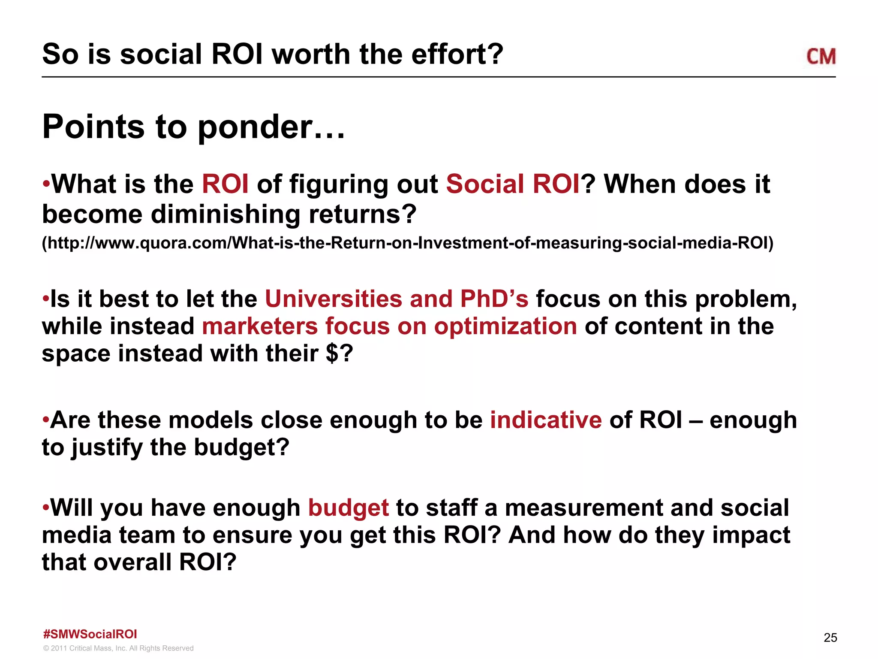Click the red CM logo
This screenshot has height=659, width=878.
click(x=821, y=57)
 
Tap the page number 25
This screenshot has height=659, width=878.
click(x=830, y=638)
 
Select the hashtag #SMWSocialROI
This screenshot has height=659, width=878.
click(x=90, y=634)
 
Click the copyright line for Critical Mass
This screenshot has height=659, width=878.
click(x=118, y=648)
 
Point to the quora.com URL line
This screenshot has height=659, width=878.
click(x=407, y=243)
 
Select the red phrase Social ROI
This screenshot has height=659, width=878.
click(x=513, y=184)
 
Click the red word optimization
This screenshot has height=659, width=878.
click(x=505, y=326)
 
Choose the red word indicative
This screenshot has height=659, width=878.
click(x=546, y=420)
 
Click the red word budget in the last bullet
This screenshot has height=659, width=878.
click(x=348, y=508)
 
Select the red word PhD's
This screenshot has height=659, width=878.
click(x=494, y=299)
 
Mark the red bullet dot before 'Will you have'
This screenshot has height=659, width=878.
click(x=46, y=507)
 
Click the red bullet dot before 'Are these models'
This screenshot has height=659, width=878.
click(x=46, y=419)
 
